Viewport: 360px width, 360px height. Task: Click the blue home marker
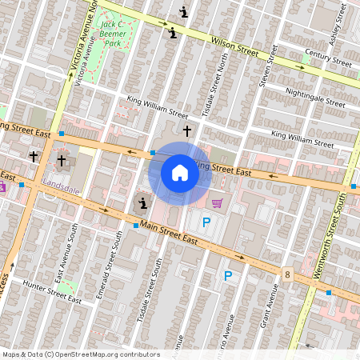click(x=180, y=173)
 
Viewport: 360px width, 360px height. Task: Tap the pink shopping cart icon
click(x=217, y=203)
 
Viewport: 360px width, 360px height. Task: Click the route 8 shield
click(x=286, y=274)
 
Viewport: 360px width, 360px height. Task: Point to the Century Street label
click(x=328, y=58)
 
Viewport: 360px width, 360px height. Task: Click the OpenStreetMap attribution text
click(x=81, y=354)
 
